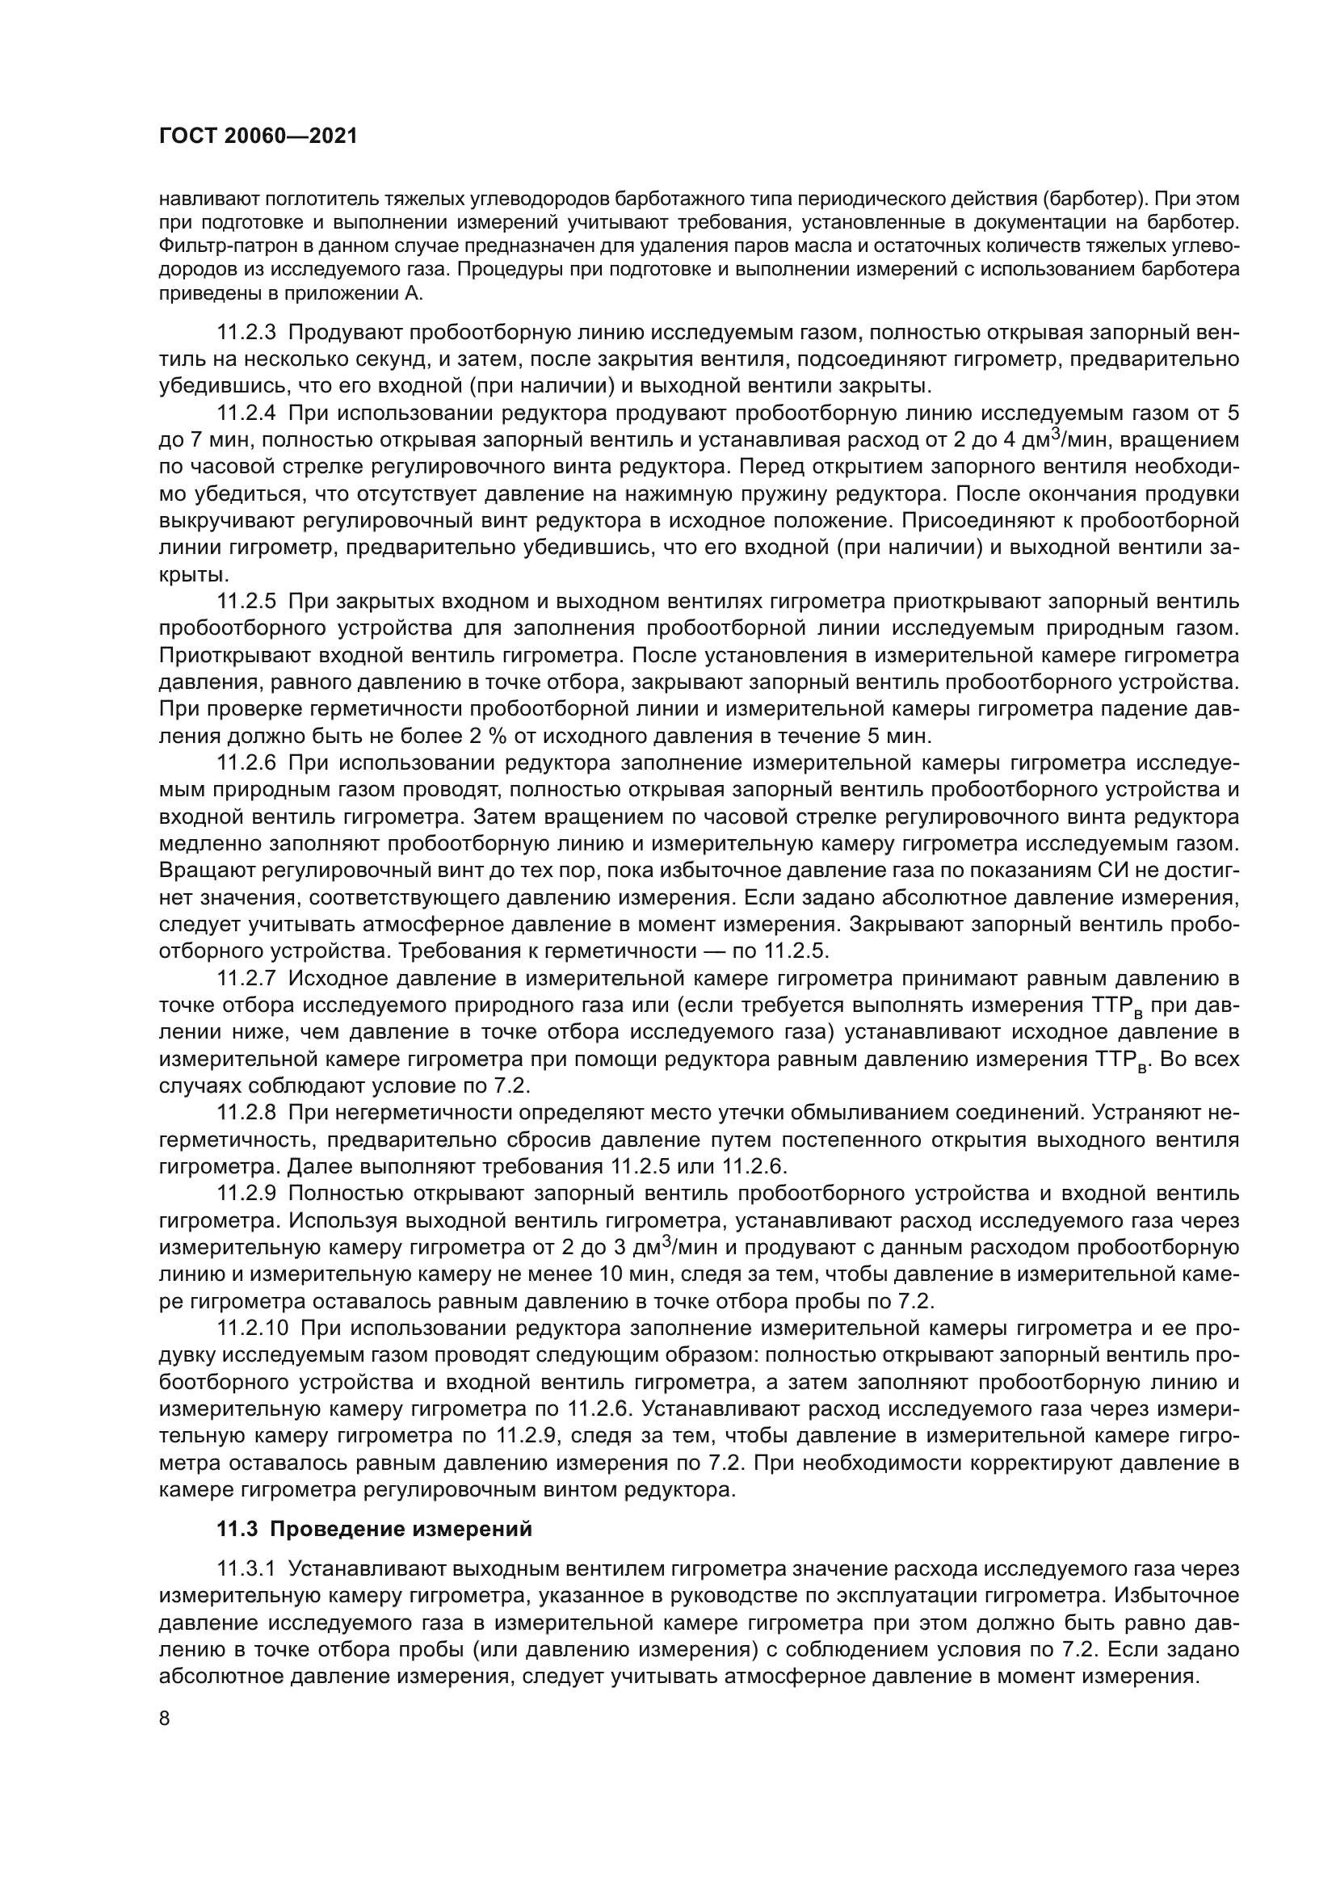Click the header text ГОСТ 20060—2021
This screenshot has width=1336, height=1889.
coord(258,136)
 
